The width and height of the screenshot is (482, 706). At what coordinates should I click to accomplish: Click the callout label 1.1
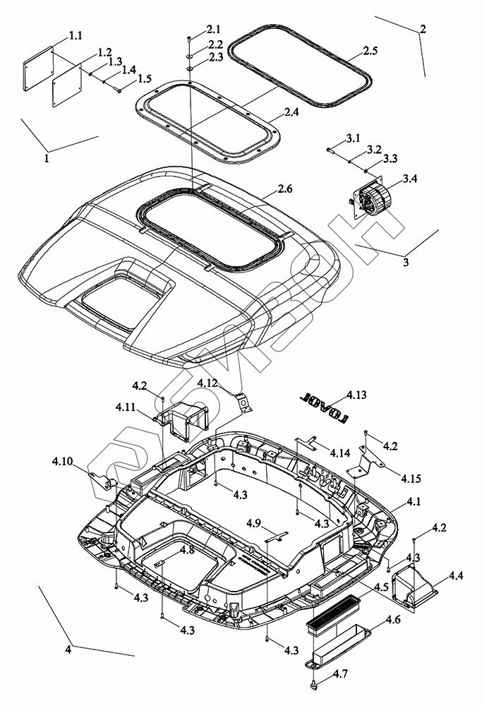(76, 35)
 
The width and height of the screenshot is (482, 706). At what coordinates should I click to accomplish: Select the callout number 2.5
(370, 51)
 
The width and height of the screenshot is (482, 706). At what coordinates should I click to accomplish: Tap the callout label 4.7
(340, 675)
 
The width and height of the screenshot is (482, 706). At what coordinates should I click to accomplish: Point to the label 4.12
(207, 383)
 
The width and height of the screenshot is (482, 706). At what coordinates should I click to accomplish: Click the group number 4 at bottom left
(68, 649)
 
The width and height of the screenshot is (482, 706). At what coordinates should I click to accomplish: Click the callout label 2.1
(214, 29)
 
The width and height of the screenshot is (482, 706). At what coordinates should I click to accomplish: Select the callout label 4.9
(255, 522)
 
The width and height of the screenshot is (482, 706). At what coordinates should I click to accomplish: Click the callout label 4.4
(455, 577)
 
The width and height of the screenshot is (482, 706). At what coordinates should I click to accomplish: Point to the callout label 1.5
(145, 78)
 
